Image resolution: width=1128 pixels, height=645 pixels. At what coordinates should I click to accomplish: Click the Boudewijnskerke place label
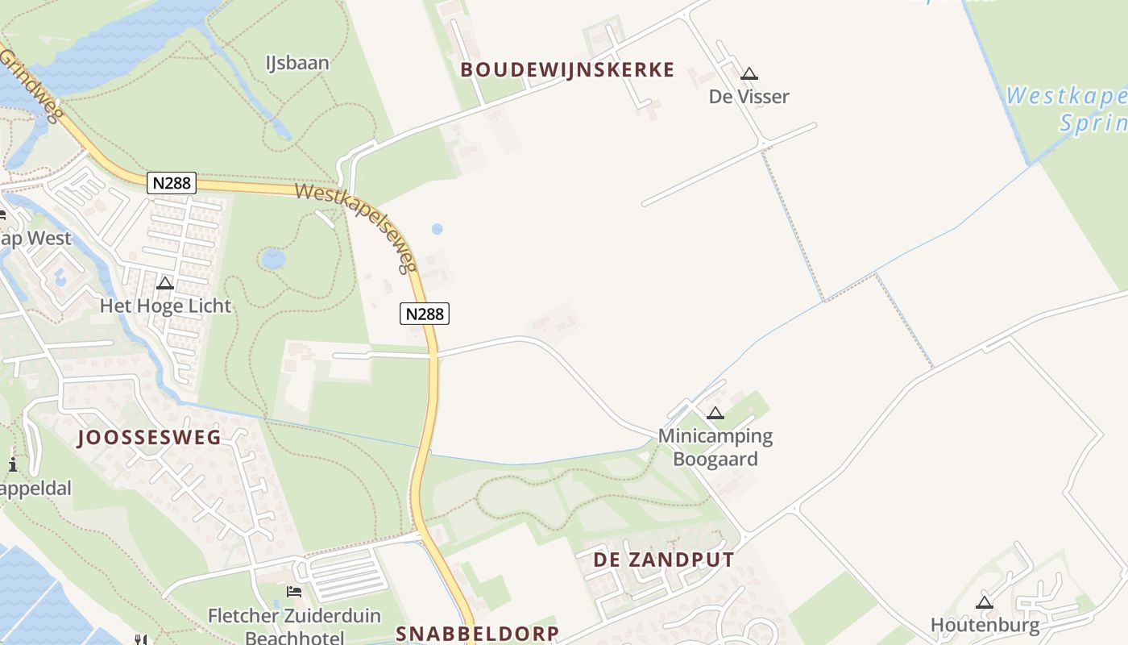567,70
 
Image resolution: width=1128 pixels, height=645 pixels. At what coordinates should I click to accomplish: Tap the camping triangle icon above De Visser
749,74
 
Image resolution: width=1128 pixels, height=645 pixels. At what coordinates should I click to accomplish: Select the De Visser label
749,97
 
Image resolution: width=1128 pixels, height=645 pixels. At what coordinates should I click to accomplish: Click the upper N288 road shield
172,183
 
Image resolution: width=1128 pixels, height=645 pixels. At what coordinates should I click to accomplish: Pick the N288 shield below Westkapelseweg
425,314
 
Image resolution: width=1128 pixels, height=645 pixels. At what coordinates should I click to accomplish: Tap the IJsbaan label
297,63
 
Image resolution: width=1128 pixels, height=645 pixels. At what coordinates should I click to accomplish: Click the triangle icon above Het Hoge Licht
165,283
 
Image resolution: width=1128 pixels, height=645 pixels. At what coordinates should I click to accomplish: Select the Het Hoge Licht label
165,306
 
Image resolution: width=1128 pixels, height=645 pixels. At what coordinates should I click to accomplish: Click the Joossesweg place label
149,438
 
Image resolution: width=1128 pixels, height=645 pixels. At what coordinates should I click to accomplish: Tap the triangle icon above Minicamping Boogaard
715,414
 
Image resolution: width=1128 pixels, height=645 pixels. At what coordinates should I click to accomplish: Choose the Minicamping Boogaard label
715,448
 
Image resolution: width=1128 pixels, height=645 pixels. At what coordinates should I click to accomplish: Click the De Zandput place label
664,560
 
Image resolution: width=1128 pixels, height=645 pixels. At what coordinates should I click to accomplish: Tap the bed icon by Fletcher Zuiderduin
294,592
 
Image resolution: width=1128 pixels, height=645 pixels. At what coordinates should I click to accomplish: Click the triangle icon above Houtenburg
985,602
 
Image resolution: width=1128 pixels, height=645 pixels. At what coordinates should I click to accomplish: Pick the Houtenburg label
985,625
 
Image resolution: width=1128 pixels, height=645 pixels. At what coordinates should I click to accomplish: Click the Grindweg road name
31,84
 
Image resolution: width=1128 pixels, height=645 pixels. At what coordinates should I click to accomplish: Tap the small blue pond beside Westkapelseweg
437,229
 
